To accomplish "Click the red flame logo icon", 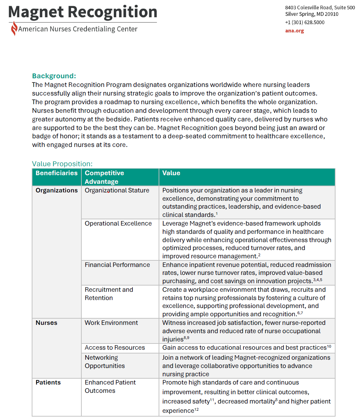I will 14,29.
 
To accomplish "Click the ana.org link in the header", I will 294,31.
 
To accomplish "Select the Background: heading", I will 54,76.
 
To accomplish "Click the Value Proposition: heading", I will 62,164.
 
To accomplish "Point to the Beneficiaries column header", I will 57,173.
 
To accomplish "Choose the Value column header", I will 171,173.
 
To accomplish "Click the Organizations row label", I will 57,190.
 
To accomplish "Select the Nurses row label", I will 47,323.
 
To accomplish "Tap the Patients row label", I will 48,382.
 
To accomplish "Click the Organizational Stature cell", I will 117,190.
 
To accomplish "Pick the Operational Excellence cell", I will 118,223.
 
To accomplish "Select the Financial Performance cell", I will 117,265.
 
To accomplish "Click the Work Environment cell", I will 111,323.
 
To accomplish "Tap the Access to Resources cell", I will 115,348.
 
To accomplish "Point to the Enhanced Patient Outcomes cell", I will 110,387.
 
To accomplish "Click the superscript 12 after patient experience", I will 197,410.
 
